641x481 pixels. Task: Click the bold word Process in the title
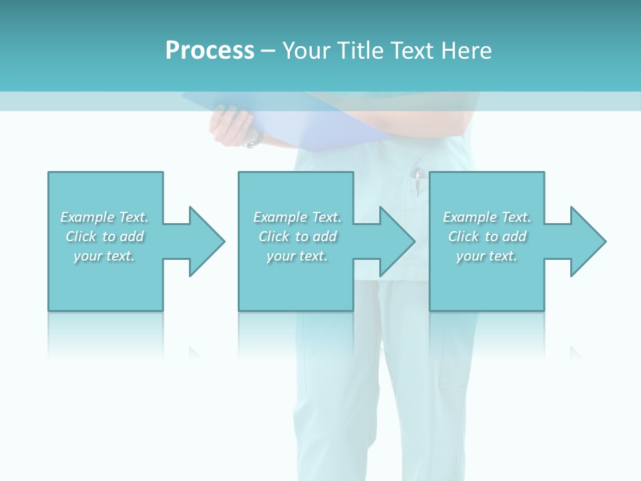coord(210,50)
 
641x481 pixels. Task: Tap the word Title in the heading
coord(361,50)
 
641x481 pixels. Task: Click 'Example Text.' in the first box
coord(104,217)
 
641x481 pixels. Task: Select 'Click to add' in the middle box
coord(297,236)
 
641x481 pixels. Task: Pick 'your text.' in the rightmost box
coord(486,256)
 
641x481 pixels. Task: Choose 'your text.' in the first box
coord(104,256)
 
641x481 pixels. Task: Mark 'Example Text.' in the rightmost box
coord(487,217)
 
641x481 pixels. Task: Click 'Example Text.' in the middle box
coord(297,217)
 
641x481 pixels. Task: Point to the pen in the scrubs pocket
coord(417,182)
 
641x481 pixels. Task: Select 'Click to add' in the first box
coord(105,236)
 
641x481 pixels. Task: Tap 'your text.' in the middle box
coord(297,256)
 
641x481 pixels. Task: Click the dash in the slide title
coord(268,51)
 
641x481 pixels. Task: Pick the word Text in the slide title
coord(413,50)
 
